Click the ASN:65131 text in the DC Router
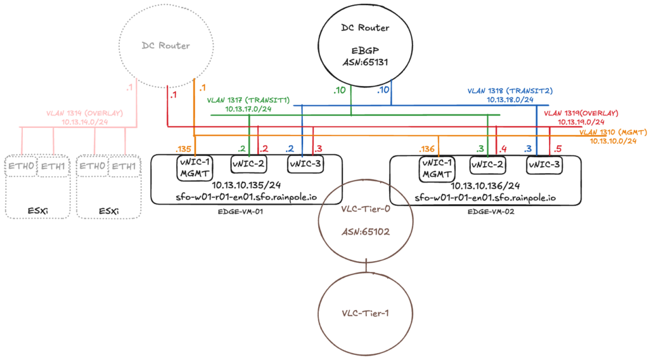(x=365, y=63)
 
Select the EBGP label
(x=365, y=51)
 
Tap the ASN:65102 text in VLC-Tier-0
(x=366, y=232)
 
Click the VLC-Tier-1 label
(x=366, y=313)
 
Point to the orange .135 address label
(x=183, y=149)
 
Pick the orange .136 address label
(x=427, y=149)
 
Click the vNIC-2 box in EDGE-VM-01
(x=248, y=164)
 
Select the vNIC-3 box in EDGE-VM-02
(x=544, y=165)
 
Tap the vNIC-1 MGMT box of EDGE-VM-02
(x=437, y=169)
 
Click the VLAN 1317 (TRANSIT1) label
(x=248, y=100)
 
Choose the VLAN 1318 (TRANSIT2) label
(x=510, y=91)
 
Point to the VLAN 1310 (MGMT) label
(x=613, y=132)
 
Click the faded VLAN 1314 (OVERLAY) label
(x=84, y=113)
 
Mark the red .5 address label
(x=557, y=149)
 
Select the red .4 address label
(x=503, y=149)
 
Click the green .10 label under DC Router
(x=340, y=90)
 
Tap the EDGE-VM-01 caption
(x=240, y=212)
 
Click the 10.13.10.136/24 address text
(x=485, y=186)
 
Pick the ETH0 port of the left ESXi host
(x=21, y=166)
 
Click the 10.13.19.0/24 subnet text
(x=581, y=122)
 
